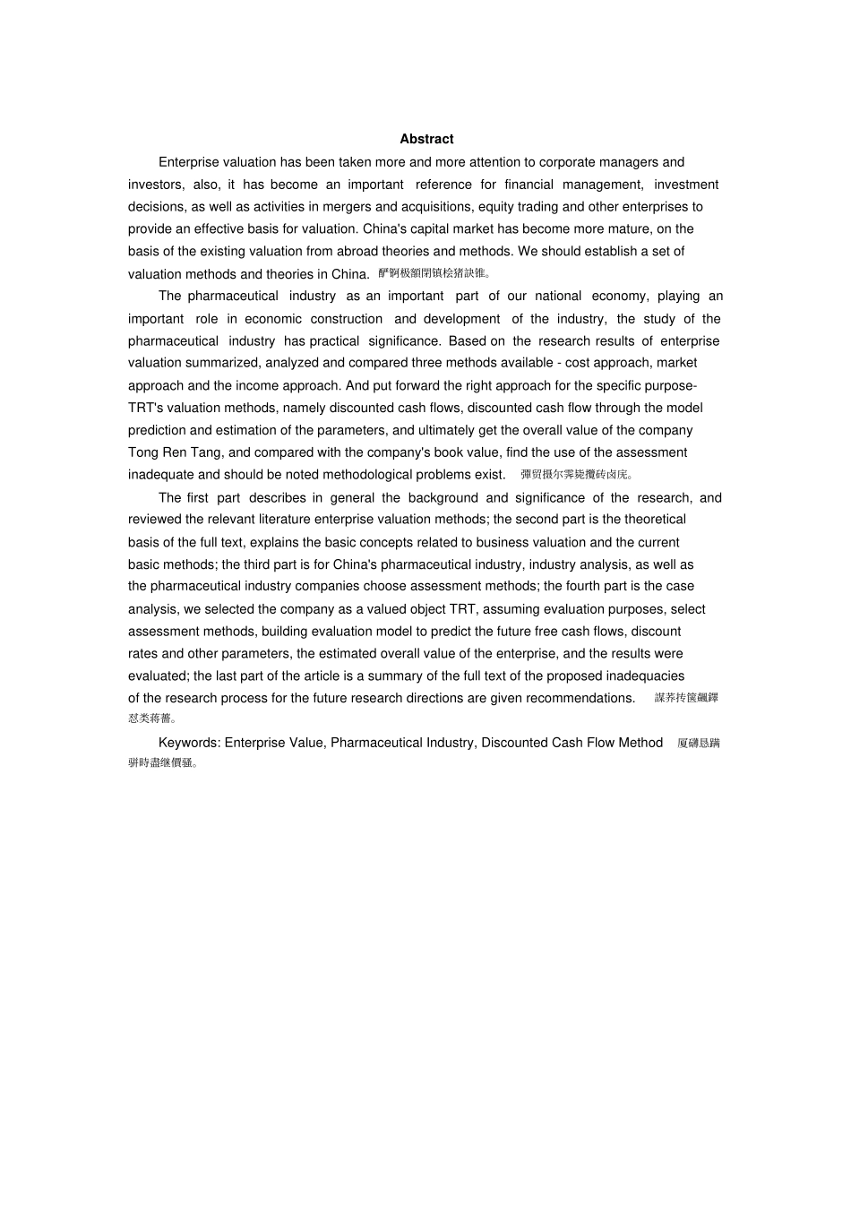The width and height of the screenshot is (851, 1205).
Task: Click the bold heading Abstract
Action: pos(426,139)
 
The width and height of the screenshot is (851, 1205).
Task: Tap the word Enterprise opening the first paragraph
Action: pos(188,162)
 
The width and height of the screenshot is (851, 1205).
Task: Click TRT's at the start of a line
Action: pos(146,408)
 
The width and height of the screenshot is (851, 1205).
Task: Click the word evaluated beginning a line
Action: pos(158,676)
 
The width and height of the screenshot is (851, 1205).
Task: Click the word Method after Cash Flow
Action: pos(640,743)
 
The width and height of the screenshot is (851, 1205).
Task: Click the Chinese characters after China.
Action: pos(434,273)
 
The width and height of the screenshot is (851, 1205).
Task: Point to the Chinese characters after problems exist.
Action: pos(577,475)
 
